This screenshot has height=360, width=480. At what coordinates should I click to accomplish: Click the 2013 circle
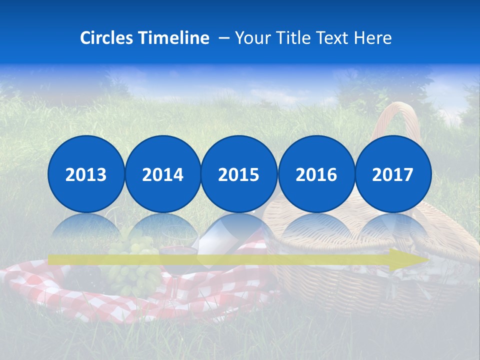[86, 174]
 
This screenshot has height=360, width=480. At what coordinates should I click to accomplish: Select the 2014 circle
[162, 174]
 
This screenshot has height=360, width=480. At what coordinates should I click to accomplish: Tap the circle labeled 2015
[239, 174]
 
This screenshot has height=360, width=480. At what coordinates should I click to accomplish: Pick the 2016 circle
[316, 174]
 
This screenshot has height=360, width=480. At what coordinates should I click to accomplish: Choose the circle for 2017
[392, 174]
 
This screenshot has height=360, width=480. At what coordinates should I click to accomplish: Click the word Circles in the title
[107, 38]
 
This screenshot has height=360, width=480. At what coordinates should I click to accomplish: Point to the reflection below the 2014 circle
[162, 227]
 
